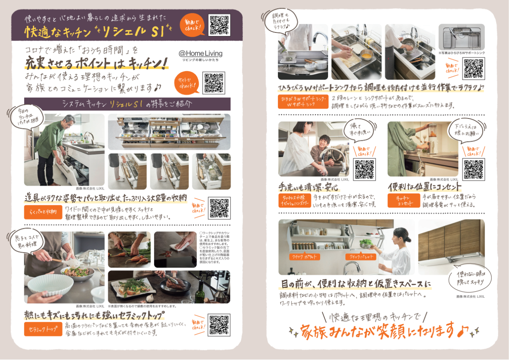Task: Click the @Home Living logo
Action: [x=200, y=55]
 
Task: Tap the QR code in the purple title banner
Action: [x=219, y=25]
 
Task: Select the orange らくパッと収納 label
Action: [x=43, y=212]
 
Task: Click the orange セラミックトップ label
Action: [x=43, y=329]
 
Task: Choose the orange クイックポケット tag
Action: [x=304, y=257]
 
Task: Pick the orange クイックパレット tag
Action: [x=360, y=257]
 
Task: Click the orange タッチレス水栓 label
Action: [x=294, y=201]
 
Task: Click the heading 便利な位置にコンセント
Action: [x=425, y=187]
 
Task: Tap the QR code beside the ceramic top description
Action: [x=219, y=325]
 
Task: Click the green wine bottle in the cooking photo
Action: [x=200, y=291]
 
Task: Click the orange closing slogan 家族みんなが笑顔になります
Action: [x=377, y=330]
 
